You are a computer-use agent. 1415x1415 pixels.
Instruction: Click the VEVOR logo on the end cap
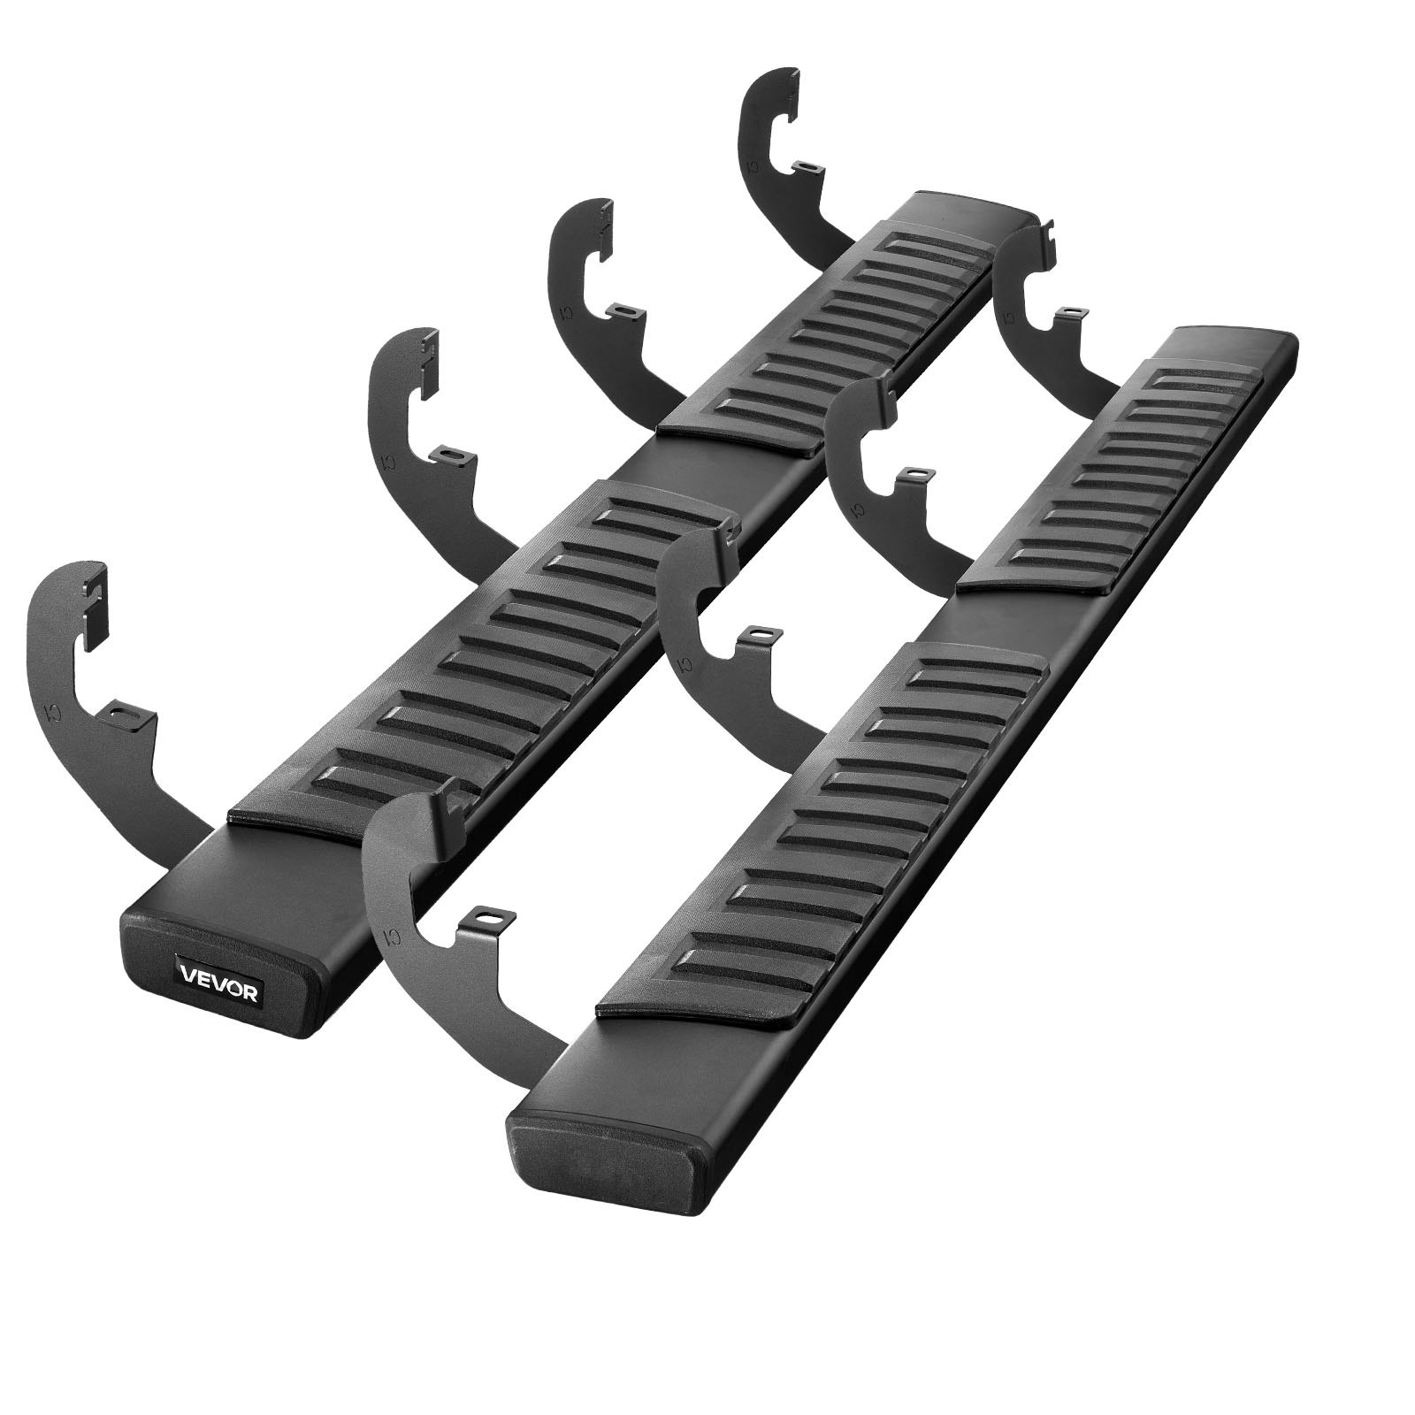tap(220, 991)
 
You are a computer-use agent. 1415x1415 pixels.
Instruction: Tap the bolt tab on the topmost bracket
tap(806, 165)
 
